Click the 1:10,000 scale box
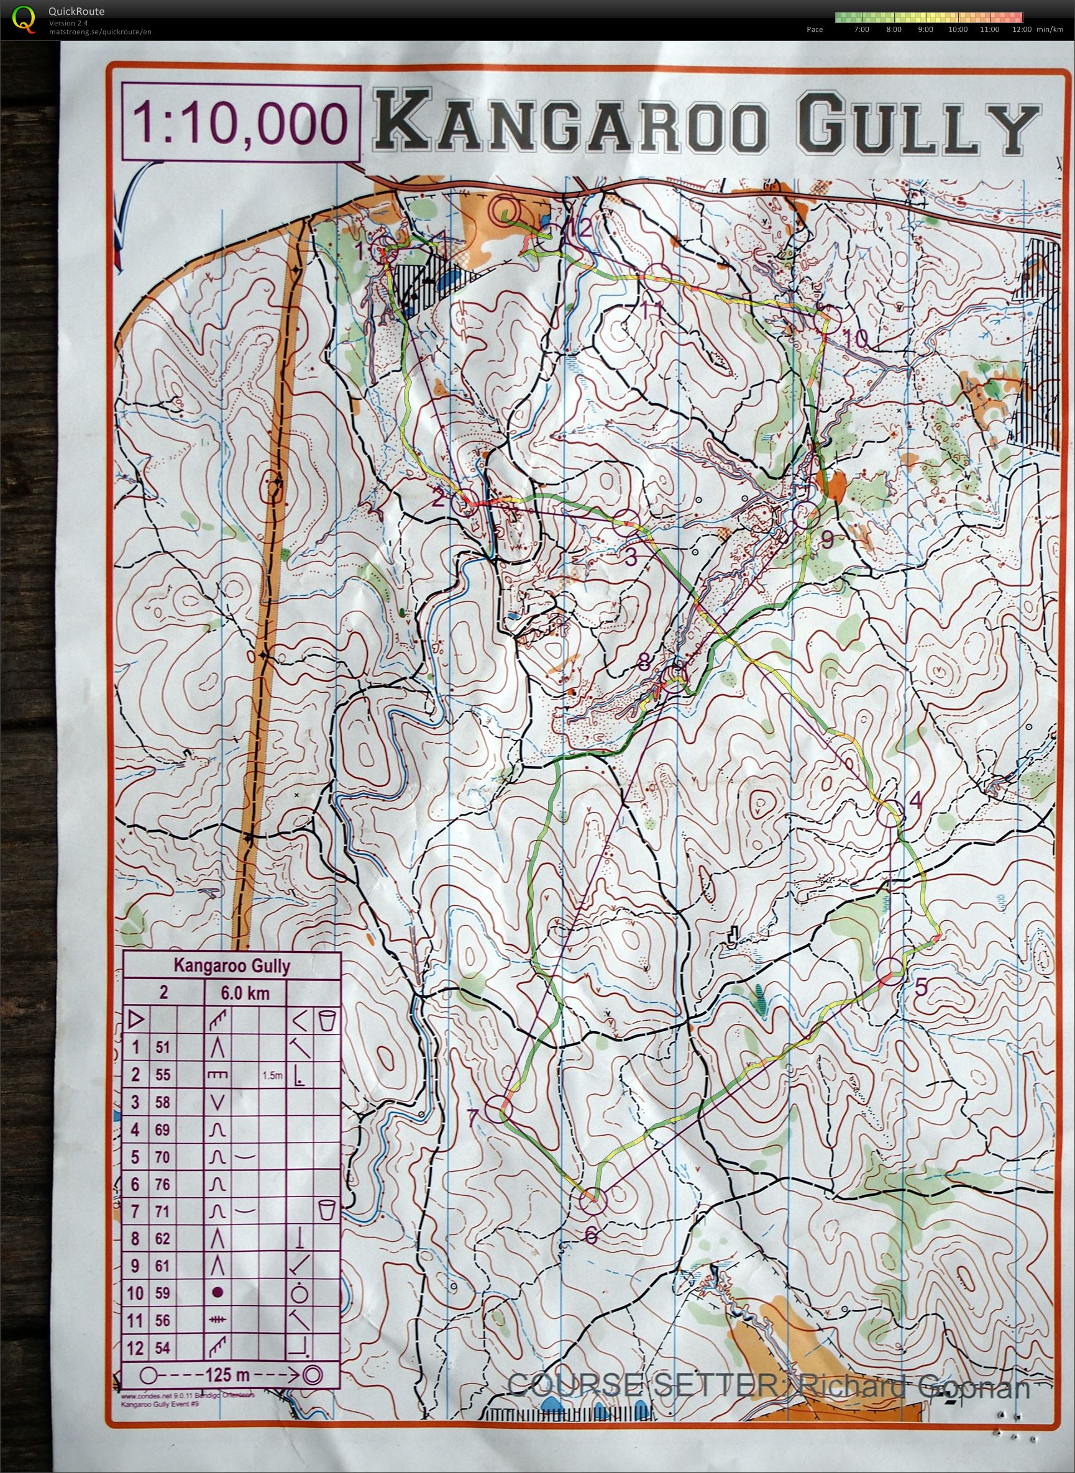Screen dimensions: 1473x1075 [240, 123]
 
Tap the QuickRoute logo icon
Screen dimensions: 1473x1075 [24, 19]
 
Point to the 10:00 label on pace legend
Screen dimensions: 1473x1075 [958, 29]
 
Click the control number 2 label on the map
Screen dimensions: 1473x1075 [437, 499]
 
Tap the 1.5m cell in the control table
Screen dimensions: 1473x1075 [272, 1075]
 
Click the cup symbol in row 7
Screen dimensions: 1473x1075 [326, 1211]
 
